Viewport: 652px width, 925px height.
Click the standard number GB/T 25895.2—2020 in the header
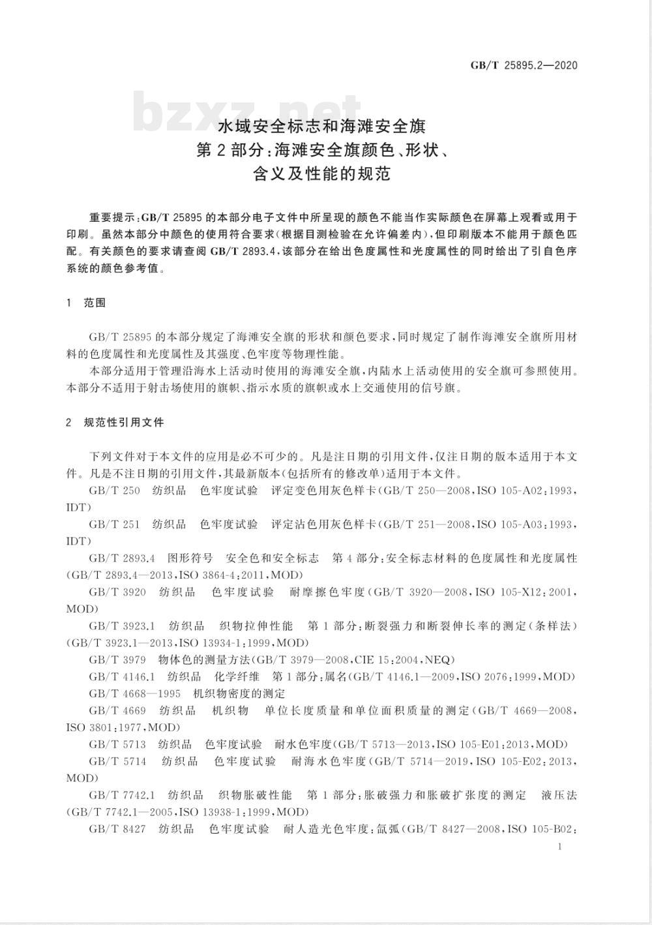click(x=524, y=65)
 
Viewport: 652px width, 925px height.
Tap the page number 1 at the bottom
click(x=560, y=847)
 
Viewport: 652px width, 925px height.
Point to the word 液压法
click(x=559, y=795)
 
